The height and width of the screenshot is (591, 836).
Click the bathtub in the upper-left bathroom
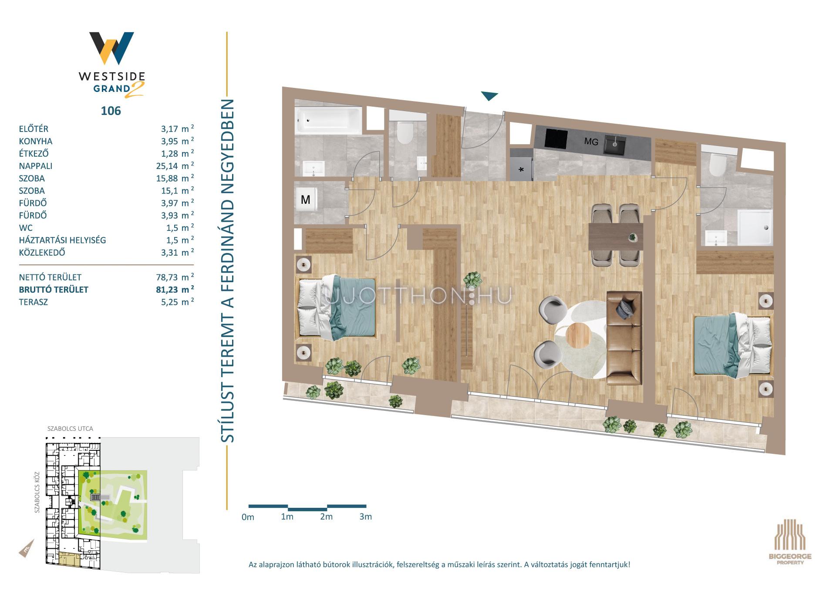coord(329,121)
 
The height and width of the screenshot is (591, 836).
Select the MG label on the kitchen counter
coord(591,142)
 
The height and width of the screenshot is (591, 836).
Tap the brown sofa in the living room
coord(624,338)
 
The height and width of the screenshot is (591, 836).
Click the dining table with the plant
coord(616,236)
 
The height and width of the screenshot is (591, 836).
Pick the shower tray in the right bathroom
coord(755,227)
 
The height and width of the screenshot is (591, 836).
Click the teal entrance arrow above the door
coord(489,96)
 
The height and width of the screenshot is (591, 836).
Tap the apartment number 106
coord(111,111)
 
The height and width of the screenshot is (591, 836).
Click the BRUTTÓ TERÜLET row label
coord(54,290)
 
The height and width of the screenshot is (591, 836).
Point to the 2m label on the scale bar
coord(326,517)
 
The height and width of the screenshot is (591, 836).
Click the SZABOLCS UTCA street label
coord(70,429)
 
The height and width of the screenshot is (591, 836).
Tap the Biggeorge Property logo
coord(790,541)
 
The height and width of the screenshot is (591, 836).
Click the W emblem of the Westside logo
coord(111,48)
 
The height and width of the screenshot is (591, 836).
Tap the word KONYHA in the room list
coord(36,141)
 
